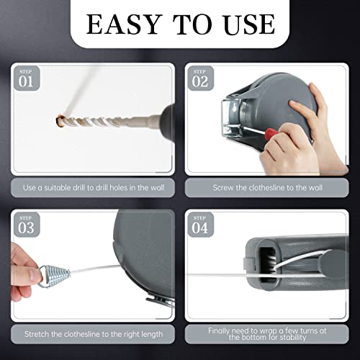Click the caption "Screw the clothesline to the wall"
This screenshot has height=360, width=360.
(x=267, y=187)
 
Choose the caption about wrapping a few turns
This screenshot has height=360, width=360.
(x=267, y=333)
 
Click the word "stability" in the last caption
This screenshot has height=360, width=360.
(x=293, y=338)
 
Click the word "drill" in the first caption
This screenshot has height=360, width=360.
(x=81, y=187)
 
